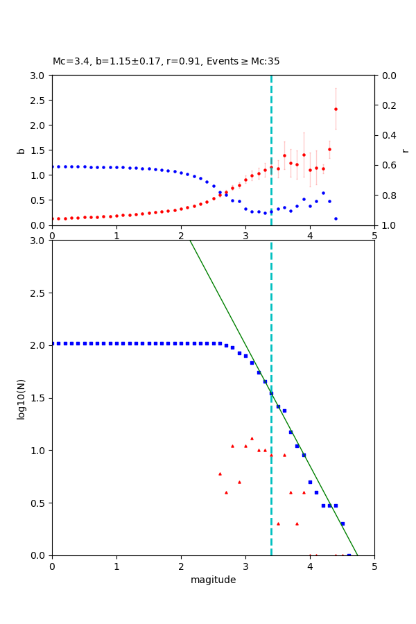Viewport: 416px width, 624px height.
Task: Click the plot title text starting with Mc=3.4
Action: click(166, 62)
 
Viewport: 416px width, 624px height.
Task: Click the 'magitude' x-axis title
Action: click(213, 580)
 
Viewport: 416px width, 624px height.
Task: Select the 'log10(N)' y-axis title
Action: click(21, 398)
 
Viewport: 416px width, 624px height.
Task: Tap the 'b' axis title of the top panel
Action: click(21, 150)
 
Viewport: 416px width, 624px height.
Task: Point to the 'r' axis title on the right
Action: click(406, 150)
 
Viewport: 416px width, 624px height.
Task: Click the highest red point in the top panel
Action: click(336, 109)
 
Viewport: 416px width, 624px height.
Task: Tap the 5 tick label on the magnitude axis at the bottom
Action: click(374, 566)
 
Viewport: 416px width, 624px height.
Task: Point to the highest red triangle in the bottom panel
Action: click(252, 438)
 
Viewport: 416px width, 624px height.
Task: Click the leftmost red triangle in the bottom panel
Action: click(220, 474)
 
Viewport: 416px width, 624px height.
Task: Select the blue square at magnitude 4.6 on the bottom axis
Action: click(349, 555)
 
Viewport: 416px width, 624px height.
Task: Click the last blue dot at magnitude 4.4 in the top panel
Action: click(336, 218)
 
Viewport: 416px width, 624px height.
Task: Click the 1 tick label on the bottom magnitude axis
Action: click(116, 566)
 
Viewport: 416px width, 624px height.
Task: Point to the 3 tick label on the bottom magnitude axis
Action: click(245, 566)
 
